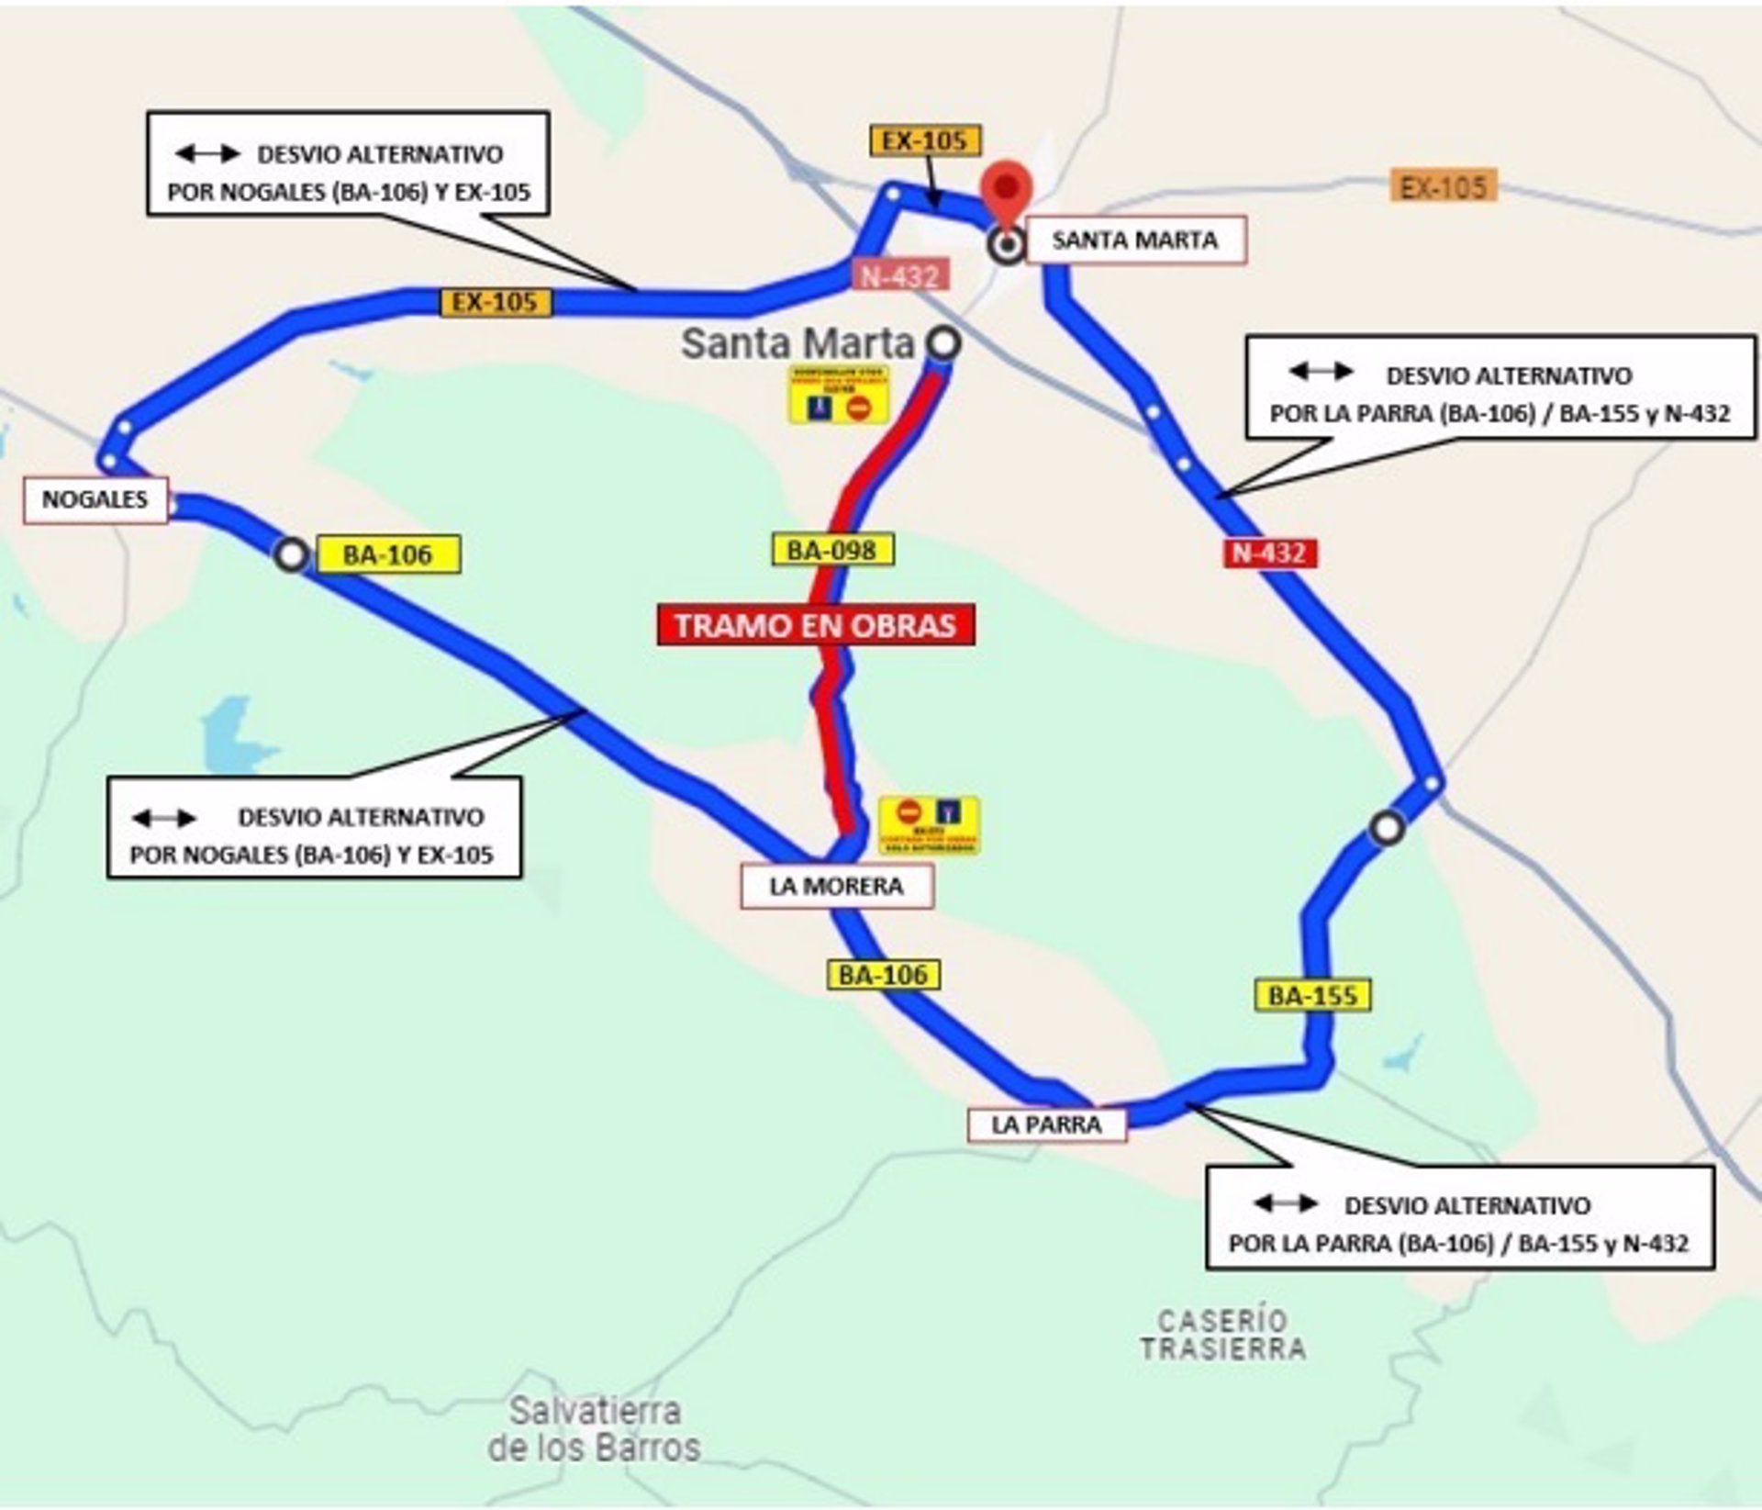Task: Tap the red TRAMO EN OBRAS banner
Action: point(815,625)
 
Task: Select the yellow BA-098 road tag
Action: point(831,550)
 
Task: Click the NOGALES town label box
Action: point(95,500)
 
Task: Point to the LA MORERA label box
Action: point(836,887)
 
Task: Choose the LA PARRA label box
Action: point(1046,1124)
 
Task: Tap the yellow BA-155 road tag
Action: point(1312,996)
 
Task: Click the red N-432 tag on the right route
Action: point(1269,553)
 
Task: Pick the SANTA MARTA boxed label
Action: point(1134,240)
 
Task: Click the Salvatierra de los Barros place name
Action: point(595,1429)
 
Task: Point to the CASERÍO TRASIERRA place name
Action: point(1222,1335)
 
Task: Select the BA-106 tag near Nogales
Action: point(387,554)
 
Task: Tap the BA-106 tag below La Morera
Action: point(883,974)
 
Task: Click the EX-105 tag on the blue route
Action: point(496,302)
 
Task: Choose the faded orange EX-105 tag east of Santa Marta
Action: point(1443,187)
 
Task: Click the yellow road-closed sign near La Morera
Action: point(929,824)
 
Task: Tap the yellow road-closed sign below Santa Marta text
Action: point(839,396)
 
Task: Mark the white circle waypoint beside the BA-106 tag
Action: point(292,555)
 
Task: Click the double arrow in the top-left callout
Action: point(207,154)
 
